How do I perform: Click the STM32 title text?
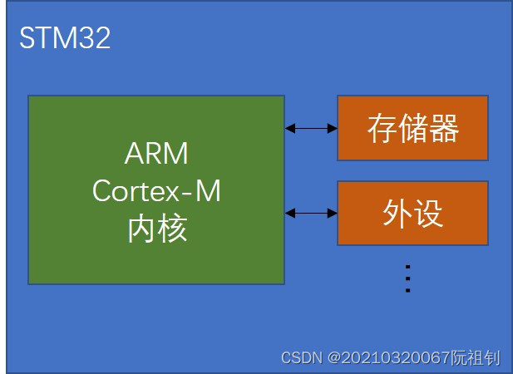point(65,39)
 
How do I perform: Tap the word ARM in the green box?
point(156,154)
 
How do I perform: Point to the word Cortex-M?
point(156,191)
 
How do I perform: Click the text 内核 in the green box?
point(156,228)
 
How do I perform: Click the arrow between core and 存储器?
point(311,128)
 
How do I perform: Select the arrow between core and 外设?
point(311,213)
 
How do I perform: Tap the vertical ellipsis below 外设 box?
point(407,278)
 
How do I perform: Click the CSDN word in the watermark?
point(302,358)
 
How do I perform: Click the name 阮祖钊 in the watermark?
point(475,358)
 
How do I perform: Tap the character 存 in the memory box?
point(382,129)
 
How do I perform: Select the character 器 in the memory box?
point(444,129)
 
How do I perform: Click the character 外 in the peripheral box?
point(397,214)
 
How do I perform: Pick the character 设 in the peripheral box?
point(428,214)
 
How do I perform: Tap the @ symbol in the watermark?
point(333,358)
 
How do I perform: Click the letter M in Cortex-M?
point(208,191)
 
